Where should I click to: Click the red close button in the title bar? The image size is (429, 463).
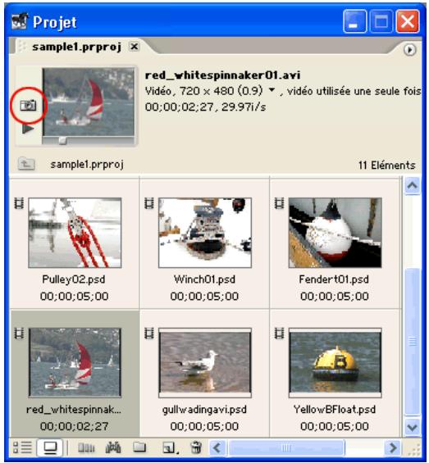click(408, 20)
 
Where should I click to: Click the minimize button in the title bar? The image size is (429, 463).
click(355, 20)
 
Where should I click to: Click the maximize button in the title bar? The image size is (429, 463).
click(381, 20)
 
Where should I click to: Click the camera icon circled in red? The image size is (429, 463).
click(28, 106)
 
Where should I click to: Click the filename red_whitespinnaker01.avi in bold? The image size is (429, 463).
click(217, 75)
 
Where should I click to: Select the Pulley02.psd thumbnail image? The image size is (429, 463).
click(75, 233)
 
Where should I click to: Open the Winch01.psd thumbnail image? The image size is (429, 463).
click(205, 233)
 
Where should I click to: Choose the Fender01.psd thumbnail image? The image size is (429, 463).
click(335, 233)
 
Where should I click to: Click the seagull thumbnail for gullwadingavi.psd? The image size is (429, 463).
click(205, 362)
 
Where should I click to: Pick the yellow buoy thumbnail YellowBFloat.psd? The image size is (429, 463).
click(335, 362)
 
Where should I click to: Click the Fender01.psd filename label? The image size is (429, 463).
click(335, 279)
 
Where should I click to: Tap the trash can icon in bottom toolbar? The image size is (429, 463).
click(195, 448)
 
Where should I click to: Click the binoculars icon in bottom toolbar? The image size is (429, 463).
click(113, 448)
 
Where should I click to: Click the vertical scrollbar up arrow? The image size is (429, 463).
click(412, 186)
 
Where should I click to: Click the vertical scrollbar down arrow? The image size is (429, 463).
click(412, 428)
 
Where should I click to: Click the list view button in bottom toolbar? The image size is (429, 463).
click(22, 448)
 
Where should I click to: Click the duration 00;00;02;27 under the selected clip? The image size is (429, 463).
click(75, 425)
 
